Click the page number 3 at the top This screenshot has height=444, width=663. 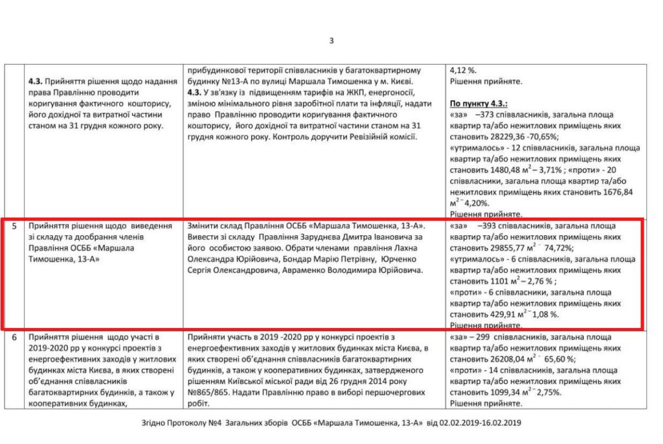331,41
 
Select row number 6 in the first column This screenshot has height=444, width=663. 14,338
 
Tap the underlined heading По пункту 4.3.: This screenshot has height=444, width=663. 478,104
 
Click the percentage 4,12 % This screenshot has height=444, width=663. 462,70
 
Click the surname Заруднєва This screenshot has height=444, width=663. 306,237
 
